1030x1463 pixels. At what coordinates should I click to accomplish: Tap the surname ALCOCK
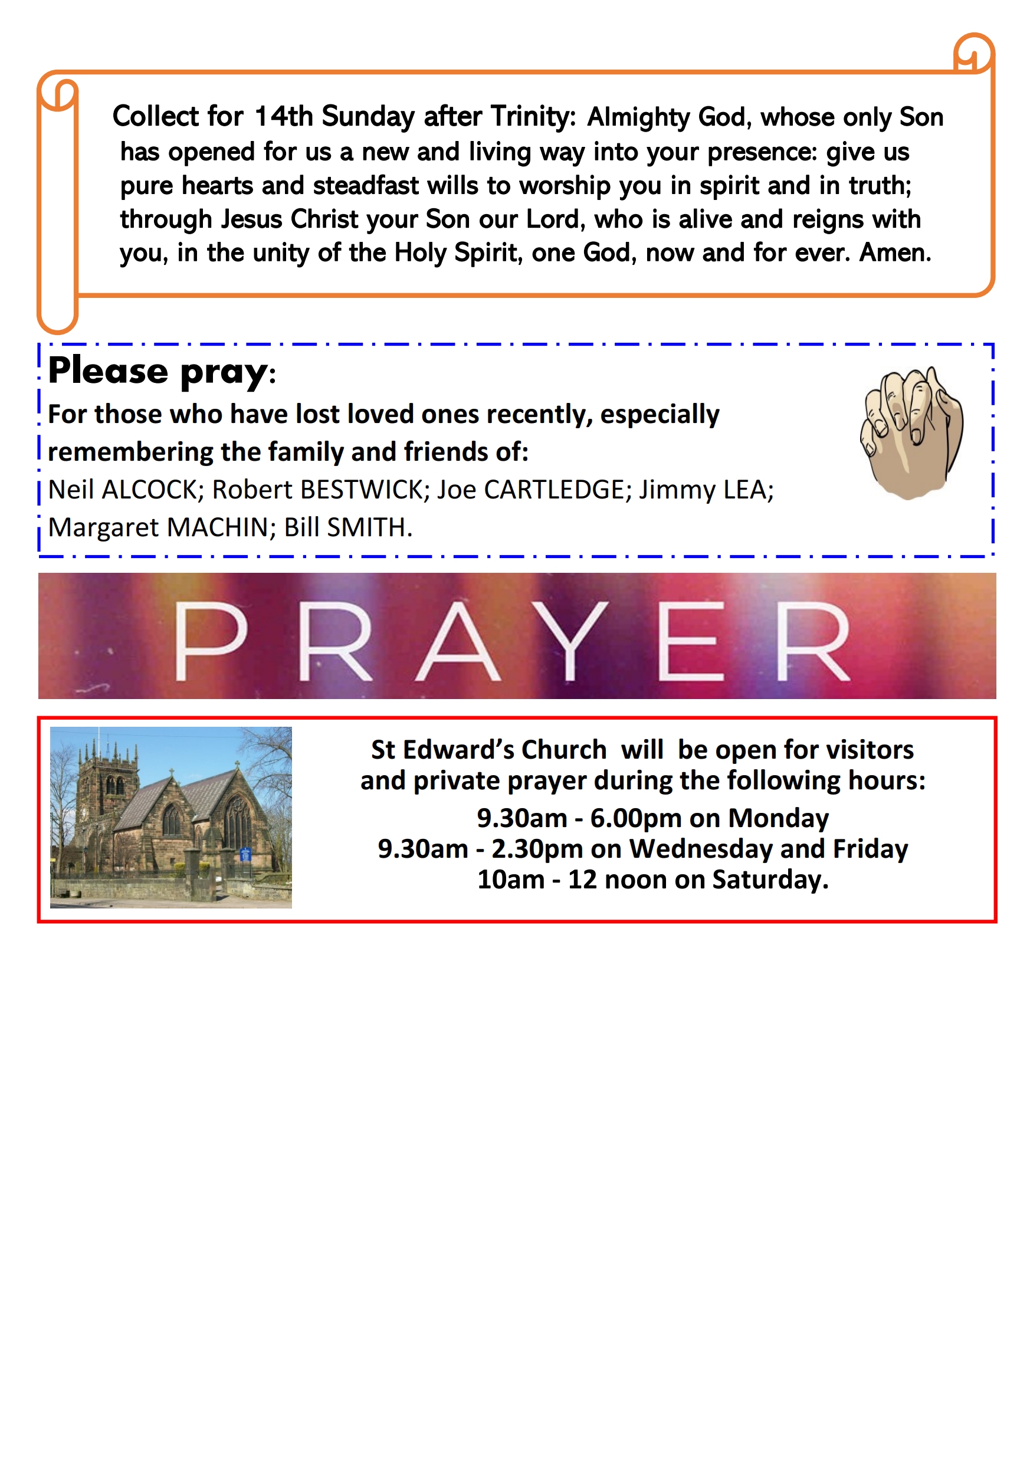152,490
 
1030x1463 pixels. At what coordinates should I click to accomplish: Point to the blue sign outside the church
245,854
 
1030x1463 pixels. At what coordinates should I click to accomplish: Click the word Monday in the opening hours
778,818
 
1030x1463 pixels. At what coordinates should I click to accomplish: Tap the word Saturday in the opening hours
770,880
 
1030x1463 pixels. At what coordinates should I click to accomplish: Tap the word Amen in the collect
894,253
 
